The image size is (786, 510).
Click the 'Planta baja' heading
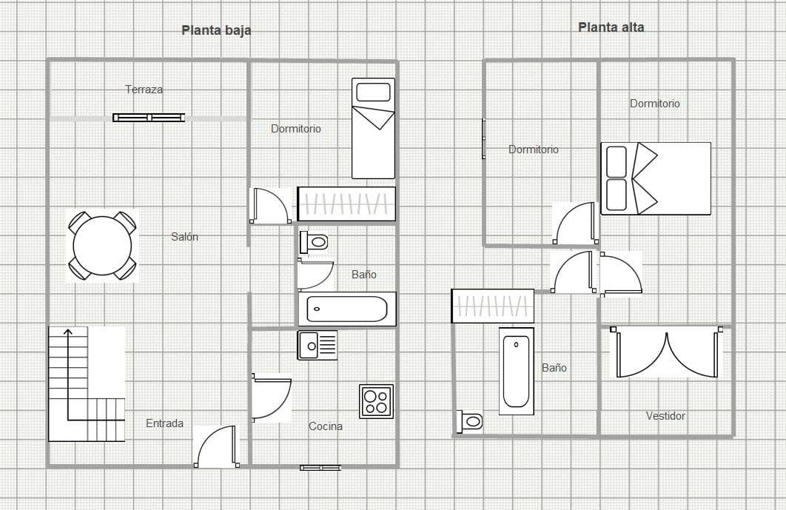pos(216,30)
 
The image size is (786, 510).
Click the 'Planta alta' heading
pos(611,27)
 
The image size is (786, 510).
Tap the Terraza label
pos(144,90)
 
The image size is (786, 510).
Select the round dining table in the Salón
pos(102,246)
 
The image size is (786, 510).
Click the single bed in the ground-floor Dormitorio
pos(374,128)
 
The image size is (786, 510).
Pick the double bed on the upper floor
pos(656,178)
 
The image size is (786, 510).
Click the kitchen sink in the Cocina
pos(318,345)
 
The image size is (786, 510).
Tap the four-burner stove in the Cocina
pos(377,401)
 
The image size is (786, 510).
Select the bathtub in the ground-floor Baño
pos(347,309)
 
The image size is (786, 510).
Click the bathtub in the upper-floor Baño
pos(517,371)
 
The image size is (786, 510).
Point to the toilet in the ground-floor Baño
pos(314,242)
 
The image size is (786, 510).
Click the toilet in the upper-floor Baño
pos(470,421)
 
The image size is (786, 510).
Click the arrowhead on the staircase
pos(68,332)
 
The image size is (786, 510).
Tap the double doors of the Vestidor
pos(667,352)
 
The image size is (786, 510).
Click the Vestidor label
pos(665,416)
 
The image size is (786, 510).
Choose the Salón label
pos(184,237)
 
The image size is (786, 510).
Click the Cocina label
pos(326,426)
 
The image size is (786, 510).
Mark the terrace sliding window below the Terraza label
pos(149,118)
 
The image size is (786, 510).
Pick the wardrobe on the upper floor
pos(493,306)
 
